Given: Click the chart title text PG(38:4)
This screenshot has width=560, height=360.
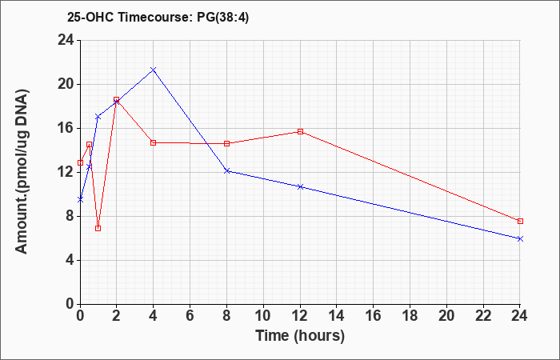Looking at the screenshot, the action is (x=223, y=18).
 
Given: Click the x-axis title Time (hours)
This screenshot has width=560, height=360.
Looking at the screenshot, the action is (x=300, y=336).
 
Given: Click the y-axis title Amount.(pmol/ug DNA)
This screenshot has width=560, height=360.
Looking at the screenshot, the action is (x=22, y=172).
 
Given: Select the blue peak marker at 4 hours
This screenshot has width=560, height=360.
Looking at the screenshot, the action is (x=154, y=70).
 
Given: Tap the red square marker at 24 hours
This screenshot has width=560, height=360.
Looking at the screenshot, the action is (x=520, y=221).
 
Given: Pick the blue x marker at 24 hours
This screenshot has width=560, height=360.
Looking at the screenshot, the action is (x=520, y=238).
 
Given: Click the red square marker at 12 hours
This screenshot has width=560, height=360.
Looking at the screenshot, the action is (x=300, y=131).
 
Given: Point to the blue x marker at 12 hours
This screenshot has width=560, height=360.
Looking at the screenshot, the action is (x=300, y=186).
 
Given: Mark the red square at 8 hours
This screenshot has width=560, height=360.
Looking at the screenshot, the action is (x=226, y=143).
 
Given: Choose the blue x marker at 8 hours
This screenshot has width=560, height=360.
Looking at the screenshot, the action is (x=226, y=170).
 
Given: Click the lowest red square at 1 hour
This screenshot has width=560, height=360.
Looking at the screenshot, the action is (x=98, y=228).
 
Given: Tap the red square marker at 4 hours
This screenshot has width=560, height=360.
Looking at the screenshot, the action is (x=154, y=142).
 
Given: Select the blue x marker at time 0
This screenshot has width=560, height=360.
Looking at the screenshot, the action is (x=80, y=200).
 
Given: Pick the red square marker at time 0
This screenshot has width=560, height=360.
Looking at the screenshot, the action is (x=80, y=162).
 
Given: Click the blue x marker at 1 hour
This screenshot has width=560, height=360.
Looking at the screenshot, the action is (x=98, y=117).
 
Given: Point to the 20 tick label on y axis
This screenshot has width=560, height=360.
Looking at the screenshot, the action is (x=66, y=85).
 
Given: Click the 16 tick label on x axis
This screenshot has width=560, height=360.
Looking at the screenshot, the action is (x=374, y=315).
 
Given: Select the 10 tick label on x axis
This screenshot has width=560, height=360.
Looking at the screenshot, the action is (x=263, y=315).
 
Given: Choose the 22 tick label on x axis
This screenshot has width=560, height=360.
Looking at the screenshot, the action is (x=483, y=315).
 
